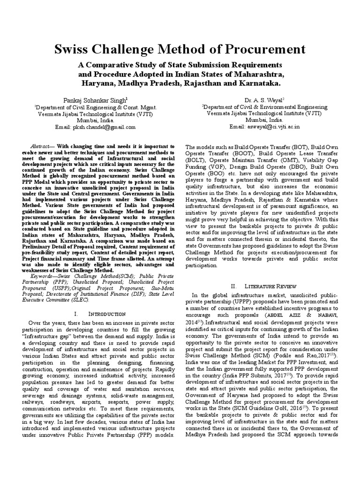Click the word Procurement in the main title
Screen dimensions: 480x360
click(258, 49)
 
